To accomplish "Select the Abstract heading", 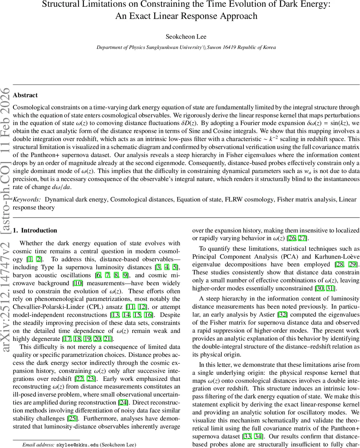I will (25, 95).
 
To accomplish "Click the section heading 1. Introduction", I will (35, 230).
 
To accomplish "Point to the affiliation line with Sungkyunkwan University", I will (186, 47).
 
